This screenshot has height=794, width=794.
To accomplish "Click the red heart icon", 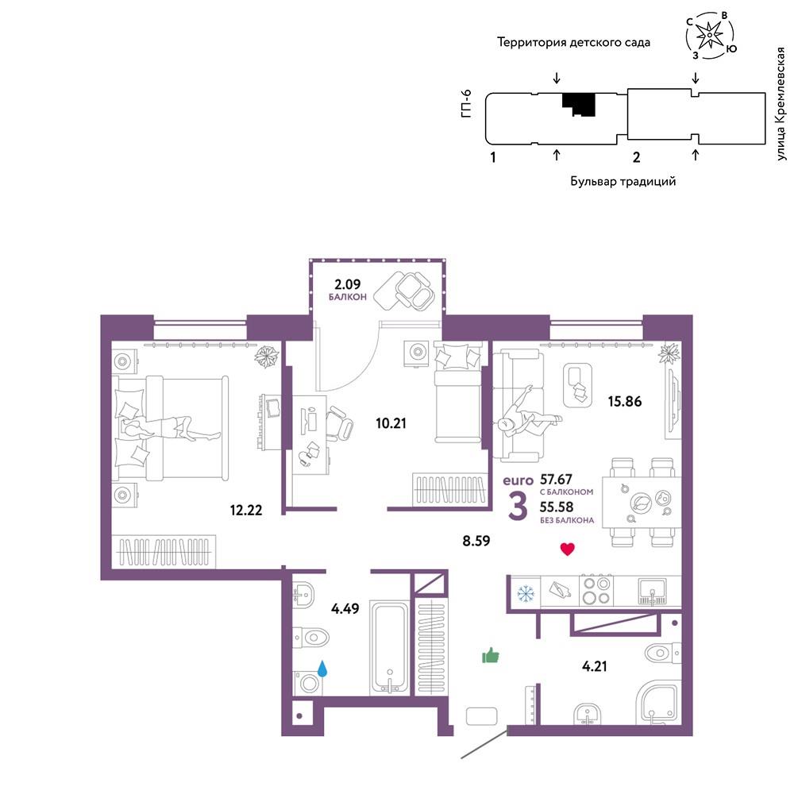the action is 567,549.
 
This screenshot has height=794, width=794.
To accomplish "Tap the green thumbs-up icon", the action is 490,655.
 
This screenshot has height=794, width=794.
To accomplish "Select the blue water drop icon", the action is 322,669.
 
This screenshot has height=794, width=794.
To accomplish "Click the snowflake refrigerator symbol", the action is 525,593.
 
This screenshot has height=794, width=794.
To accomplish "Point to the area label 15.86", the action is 624,402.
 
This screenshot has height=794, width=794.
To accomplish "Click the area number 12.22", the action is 246,510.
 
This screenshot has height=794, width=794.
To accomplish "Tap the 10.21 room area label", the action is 391,423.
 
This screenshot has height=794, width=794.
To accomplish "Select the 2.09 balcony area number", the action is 348,284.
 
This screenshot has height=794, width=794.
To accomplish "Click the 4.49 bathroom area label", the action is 345,608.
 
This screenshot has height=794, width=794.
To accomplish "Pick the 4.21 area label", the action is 595,666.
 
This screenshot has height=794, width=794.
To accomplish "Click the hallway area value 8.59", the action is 476,541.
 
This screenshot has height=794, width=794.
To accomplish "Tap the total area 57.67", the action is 556,479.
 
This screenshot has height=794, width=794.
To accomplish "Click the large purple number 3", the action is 518,506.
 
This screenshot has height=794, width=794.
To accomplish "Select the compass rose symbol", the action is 711,34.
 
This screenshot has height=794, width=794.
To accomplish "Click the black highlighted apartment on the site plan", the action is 580,104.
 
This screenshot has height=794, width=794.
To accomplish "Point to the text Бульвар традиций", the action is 622,181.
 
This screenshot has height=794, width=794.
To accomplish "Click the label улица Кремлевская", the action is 781,104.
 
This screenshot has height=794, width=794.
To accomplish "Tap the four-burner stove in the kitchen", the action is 596,591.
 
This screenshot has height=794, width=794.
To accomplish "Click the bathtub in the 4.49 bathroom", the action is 389,648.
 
